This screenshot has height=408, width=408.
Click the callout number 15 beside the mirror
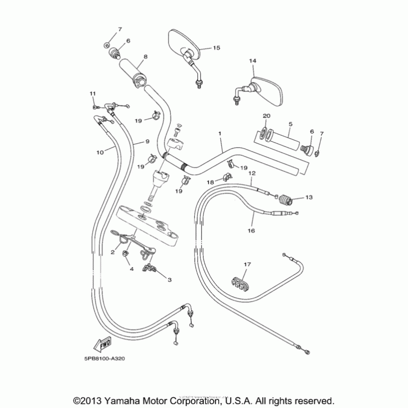tap(216, 47)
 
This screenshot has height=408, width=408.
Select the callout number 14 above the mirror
tap(252, 60)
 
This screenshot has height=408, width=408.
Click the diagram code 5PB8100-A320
tap(102, 358)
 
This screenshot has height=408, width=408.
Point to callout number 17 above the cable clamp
tap(247, 265)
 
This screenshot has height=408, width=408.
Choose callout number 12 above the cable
tap(251, 173)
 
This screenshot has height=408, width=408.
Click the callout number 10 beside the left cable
tap(99, 151)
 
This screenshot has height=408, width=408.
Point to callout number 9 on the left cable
tap(147, 141)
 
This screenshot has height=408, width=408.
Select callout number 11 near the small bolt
tap(93, 93)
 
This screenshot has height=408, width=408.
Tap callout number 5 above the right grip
tap(290, 124)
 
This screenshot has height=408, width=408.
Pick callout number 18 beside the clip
tap(211, 182)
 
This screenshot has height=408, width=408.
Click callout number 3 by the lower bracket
tap(169, 279)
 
